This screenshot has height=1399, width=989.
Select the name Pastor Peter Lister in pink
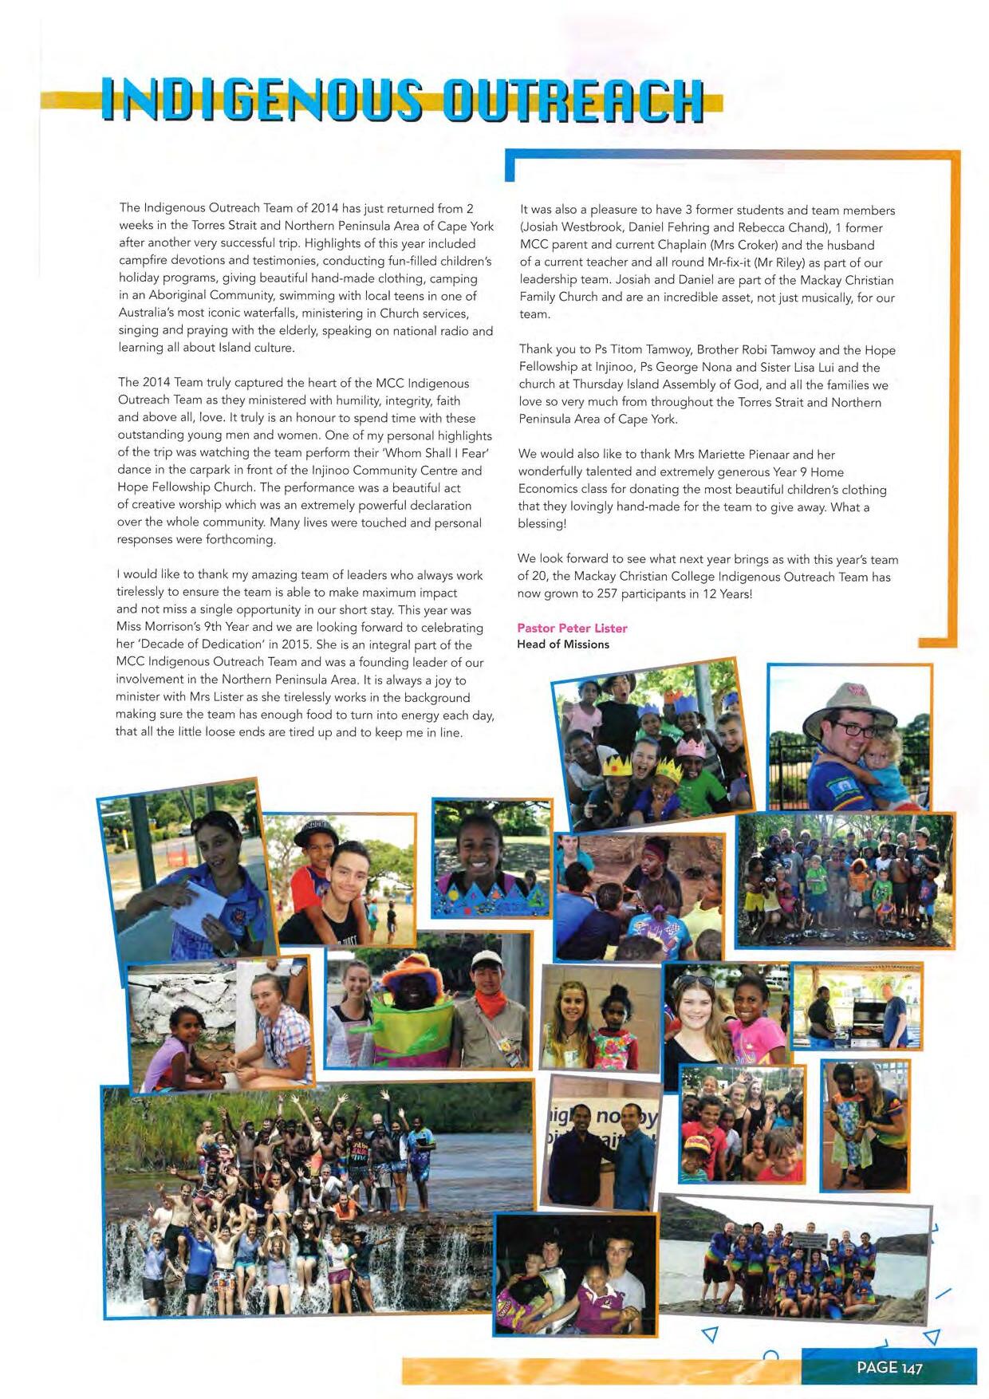(572, 628)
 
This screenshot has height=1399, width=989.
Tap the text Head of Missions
(562, 644)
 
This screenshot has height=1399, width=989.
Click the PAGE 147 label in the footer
(889, 1367)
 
